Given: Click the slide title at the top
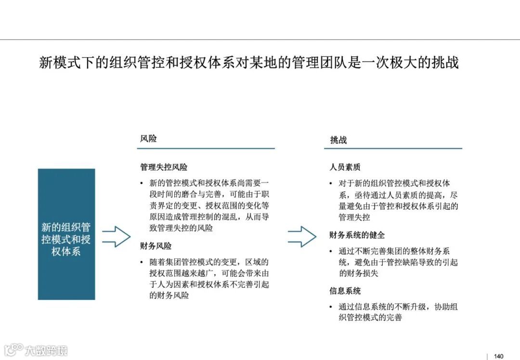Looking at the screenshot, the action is (248, 63).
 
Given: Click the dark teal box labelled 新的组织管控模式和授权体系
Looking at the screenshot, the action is (66, 234).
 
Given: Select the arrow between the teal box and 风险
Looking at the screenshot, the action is (116, 236).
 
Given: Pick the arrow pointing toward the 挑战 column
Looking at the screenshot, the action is (302, 236).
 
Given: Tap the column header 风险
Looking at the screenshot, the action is (148, 139).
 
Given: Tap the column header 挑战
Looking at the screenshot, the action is (338, 140).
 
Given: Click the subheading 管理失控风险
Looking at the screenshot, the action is (164, 167).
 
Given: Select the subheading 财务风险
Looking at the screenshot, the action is (156, 246).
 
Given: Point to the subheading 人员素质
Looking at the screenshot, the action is (345, 167).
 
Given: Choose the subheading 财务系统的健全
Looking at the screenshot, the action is (357, 235).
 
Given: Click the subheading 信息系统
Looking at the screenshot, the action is (345, 291).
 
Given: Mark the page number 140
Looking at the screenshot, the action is (499, 356).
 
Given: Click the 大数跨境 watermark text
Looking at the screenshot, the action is (47, 350).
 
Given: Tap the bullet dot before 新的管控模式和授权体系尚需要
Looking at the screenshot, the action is (142, 183).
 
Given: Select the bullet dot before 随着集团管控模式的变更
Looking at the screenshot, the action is (142, 262).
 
